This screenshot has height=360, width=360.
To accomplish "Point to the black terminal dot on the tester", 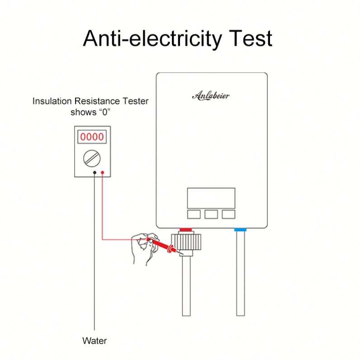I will coord(95,172).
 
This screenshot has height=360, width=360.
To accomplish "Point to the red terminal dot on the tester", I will coord(103,172).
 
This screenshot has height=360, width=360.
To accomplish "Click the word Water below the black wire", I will coord(95,340).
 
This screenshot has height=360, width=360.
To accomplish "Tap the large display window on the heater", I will coord(211,198).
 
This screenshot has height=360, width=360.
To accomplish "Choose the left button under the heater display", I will coord(194,213).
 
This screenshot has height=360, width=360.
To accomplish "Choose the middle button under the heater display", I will coord(211,213).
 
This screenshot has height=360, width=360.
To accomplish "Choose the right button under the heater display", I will coord(228,213).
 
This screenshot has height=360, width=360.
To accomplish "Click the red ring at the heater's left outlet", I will coord(186,230).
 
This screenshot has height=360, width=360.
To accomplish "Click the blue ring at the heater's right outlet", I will coord(240,230).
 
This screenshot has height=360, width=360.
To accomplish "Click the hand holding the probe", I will coord(142,249).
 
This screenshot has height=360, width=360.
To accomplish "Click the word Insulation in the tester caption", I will coord(50,101).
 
